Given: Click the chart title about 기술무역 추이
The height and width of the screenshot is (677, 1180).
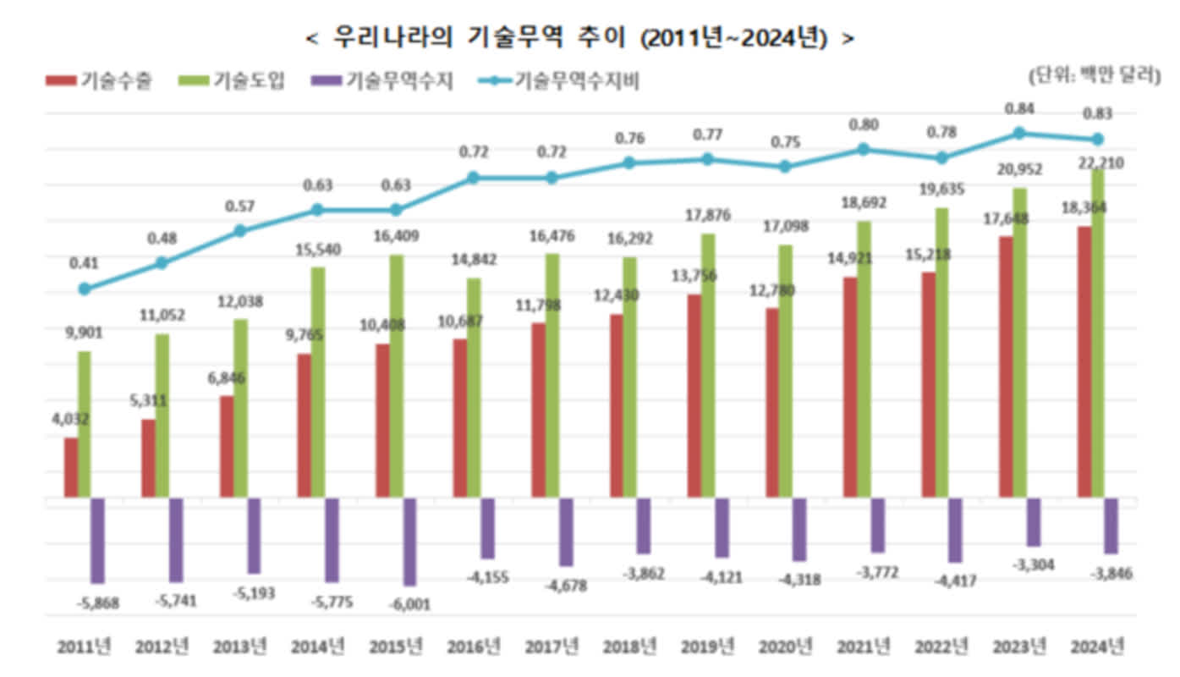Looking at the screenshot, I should [x=579, y=39].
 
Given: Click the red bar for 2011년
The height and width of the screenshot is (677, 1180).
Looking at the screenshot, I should [x=71, y=467].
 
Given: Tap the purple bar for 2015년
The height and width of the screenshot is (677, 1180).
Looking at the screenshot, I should [x=409, y=542].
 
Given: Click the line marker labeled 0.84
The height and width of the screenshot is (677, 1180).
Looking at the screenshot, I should [x=1019, y=133].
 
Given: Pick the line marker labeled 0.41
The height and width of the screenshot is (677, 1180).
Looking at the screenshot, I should [x=84, y=289].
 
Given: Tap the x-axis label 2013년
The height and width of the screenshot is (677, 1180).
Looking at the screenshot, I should [x=239, y=647].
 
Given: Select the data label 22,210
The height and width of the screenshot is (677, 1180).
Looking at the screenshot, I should [x=1100, y=164].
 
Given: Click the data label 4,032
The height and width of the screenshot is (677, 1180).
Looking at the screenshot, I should [x=70, y=418].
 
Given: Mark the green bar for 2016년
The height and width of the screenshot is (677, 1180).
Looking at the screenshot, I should [x=474, y=388].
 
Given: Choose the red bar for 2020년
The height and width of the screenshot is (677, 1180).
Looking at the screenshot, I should [x=771, y=402].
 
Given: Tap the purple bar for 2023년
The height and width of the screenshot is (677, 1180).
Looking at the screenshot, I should [x=1033, y=522].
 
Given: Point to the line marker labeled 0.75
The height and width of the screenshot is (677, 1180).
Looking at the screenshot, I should [x=785, y=167].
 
